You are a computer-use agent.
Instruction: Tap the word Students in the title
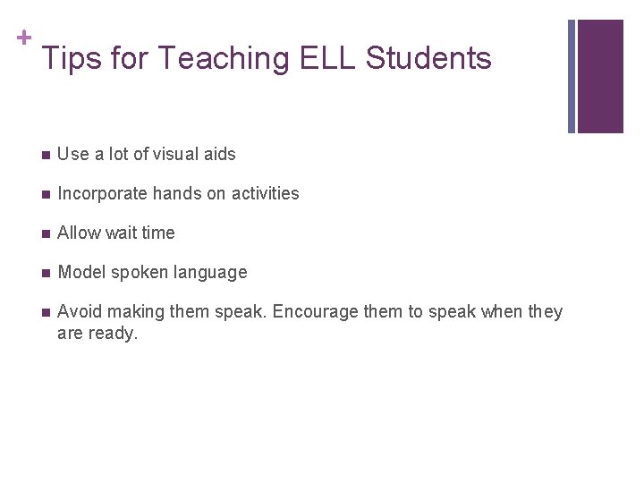pos(428,59)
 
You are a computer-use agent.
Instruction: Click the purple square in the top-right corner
pos(599,76)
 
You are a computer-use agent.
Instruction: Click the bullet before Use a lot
pos(46,155)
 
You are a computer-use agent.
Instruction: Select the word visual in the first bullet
pos(175,154)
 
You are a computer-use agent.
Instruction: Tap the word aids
pos(219,154)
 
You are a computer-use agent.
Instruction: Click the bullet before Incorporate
pos(46,194)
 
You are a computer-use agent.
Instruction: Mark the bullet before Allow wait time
pos(46,233)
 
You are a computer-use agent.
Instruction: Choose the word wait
pos(123,233)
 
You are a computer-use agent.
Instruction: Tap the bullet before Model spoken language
pos(46,273)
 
